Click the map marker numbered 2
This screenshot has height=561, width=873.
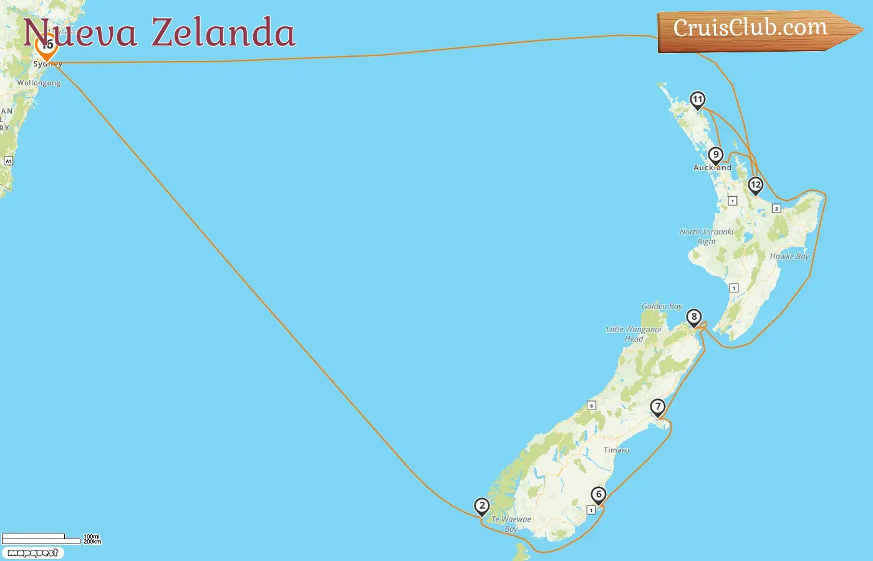(481, 506)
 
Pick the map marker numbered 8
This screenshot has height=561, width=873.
(694, 317)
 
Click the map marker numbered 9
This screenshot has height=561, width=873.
(716, 155)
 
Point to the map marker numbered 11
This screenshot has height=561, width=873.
(698, 100)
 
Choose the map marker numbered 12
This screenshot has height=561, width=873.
(756, 185)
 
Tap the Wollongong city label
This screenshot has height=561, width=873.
(39, 83)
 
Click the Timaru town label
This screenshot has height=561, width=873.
(617, 450)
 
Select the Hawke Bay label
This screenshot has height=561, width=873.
(789, 256)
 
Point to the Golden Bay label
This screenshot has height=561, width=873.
(662, 306)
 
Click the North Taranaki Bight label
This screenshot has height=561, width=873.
(707, 236)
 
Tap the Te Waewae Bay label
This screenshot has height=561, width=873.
(511, 524)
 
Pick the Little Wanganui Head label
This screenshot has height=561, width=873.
(634, 334)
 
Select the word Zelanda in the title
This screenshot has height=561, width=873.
(223, 33)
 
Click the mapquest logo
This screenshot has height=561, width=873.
(32, 553)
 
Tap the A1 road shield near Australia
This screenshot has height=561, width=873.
(9, 161)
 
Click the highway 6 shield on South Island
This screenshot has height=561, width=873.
(592, 406)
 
